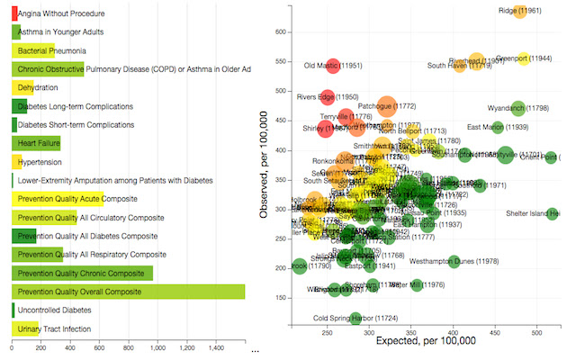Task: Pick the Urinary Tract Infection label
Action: [x=55, y=329]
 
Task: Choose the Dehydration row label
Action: [x=38, y=87]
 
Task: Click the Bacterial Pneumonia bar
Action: [x=32, y=51]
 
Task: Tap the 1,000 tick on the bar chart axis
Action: [x=157, y=349]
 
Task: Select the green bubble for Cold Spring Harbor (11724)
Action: [x=355, y=318]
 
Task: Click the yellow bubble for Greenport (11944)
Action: [x=524, y=58]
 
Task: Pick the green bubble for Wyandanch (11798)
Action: [x=517, y=108]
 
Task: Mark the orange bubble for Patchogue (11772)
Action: [x=386, y=106]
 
